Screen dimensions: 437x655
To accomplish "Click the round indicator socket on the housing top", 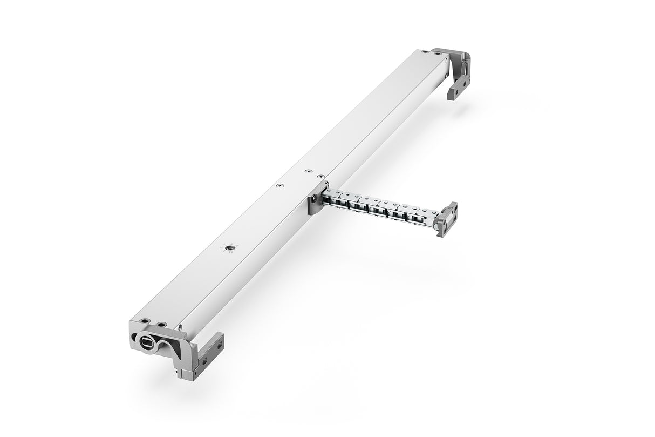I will tap(230, 247).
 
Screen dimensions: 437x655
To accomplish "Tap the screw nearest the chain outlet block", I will tap(321, 176).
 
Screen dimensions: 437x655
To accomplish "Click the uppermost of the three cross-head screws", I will tap(309, 171).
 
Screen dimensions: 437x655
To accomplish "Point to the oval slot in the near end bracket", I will tap(147, 343).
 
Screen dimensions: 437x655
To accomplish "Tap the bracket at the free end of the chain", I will tap(447, 219).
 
